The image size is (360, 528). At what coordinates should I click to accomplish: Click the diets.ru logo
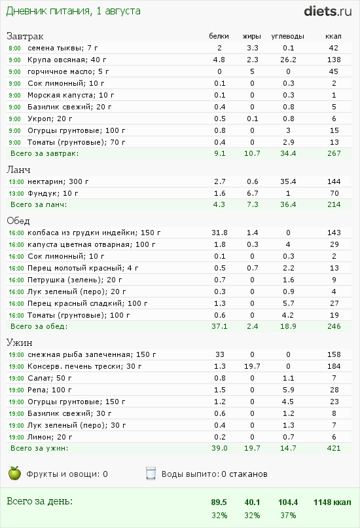tap(329, 11)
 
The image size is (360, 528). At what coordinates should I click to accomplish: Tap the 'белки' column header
tap(219, 36)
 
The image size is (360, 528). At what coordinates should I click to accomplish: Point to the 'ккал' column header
tap(334, 36)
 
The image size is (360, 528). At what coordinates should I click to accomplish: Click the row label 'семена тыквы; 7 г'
tap(62, 48)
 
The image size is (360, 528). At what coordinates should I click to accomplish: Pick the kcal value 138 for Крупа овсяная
tap(334, 60)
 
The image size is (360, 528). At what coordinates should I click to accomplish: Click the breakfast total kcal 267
tap(334, 153)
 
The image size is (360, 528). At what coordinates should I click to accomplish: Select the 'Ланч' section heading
tap(19, 170)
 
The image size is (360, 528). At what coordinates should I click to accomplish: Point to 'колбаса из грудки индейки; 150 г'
tap(94, 233)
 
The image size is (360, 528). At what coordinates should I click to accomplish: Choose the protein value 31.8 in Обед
tap(219, 233)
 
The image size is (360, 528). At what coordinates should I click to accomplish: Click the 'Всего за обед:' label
tap(39, 326)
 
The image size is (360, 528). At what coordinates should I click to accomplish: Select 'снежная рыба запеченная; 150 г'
tap(89, 354)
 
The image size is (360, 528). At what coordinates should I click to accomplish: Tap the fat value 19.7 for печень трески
tap(252, 366)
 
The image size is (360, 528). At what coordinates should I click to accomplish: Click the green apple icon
tap(14, 473)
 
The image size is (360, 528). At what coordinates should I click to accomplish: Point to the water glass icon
tap(151, 473)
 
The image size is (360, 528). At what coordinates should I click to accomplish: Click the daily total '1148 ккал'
tap(333, 502)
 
